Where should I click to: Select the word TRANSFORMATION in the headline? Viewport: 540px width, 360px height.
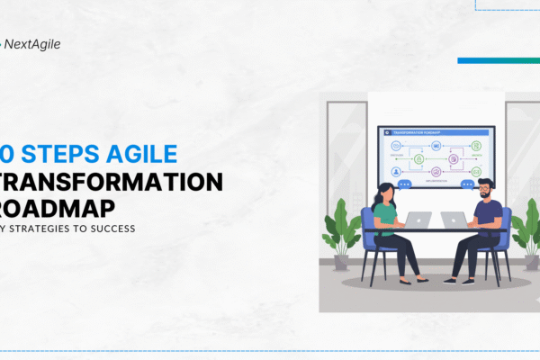pos(113,181)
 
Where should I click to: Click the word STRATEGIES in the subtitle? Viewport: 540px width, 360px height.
pos(43,228)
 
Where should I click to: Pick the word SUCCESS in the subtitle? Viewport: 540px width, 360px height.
pos(112,228)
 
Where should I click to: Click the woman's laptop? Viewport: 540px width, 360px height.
pos(418,219)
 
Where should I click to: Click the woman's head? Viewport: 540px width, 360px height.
pos(381,193)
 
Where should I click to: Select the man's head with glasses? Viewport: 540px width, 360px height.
pos(485,190)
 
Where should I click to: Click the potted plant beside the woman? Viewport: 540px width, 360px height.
pos(343,230)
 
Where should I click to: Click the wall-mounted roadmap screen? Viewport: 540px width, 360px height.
pos(436,157)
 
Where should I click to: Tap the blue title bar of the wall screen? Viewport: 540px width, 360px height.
pos(436,132)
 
